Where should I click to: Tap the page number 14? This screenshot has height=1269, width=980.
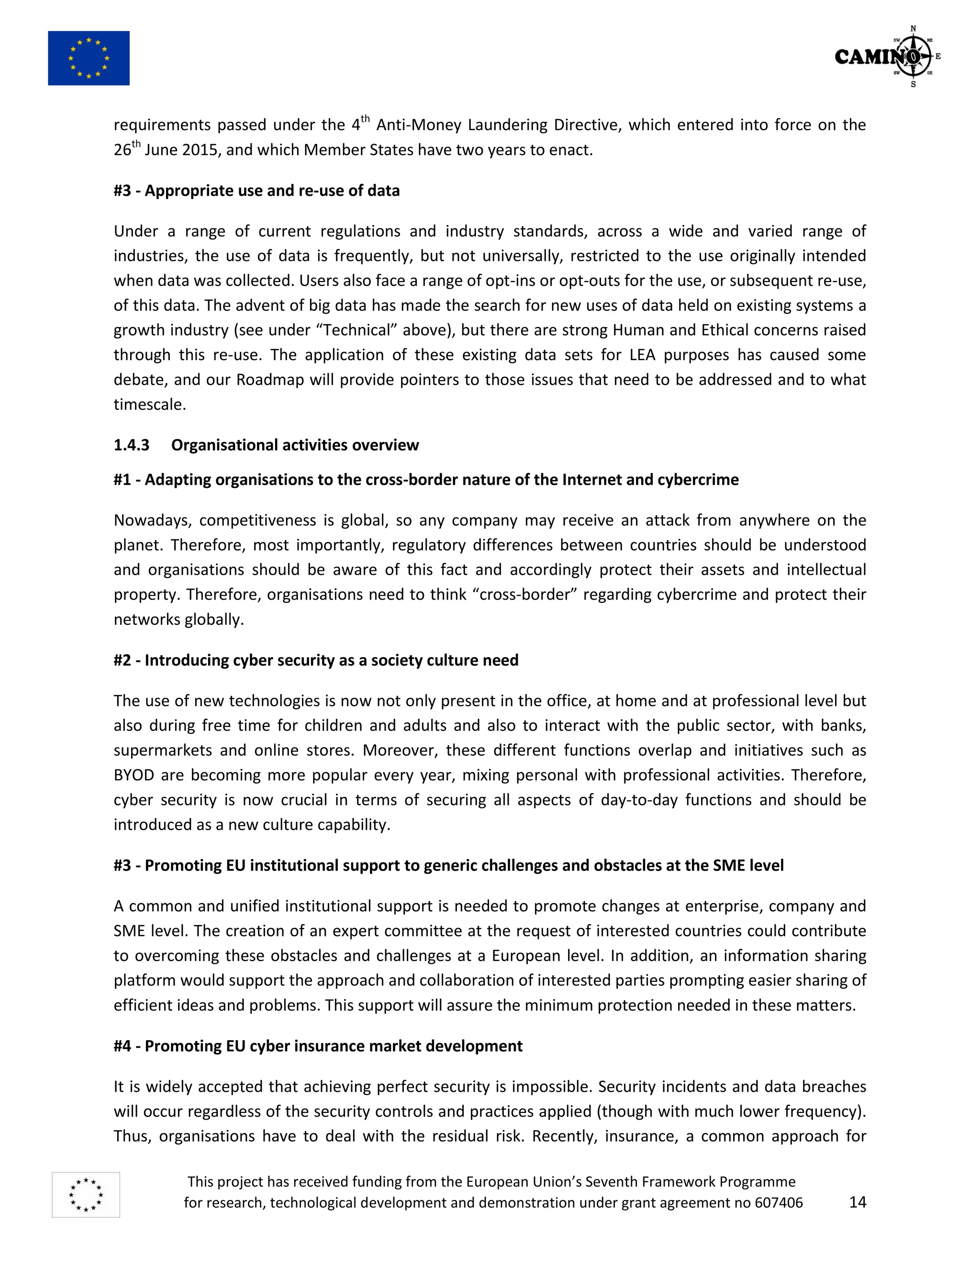[857, 1202]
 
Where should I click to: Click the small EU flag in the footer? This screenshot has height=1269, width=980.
[86, 1195]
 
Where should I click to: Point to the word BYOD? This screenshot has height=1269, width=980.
[134, 775]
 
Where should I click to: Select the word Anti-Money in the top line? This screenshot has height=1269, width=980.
[419, 125]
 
